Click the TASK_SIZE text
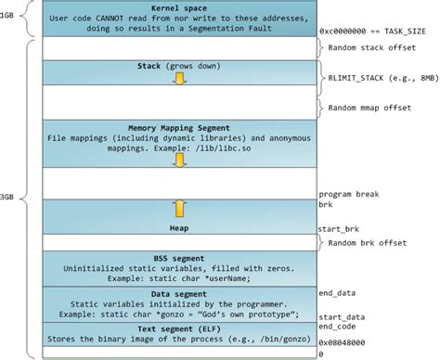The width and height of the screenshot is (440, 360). pos(411,30)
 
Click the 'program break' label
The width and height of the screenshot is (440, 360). pos(347,193)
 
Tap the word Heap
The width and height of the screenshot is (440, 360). pos(179,227)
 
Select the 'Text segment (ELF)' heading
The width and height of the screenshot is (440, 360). pos(178,328)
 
